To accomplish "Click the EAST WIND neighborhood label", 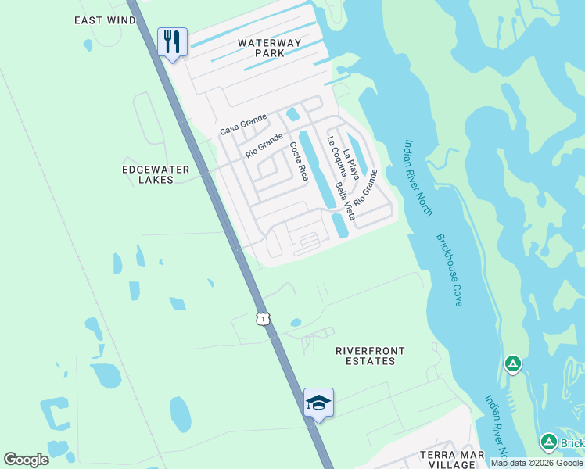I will click(x=106, y=20).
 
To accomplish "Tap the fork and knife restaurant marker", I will click(x=172, y=41).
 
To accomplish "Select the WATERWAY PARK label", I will click(x=260, y=47).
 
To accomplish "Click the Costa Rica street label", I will click(x=298, y=162).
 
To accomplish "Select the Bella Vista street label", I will click(x=345, y=201).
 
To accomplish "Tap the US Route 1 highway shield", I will click(x=263, y=318).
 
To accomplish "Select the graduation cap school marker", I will click(x=318, y=403).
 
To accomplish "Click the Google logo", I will click(x=26, y=460).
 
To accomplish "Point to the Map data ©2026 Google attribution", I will click(x=537, y=463).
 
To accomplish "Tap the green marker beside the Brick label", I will click(x=548, y=442).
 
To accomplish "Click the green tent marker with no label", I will click(x=512, y=363).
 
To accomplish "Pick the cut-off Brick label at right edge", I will click(x=572, y=444).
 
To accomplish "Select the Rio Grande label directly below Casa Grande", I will click(x=264, y=146).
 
